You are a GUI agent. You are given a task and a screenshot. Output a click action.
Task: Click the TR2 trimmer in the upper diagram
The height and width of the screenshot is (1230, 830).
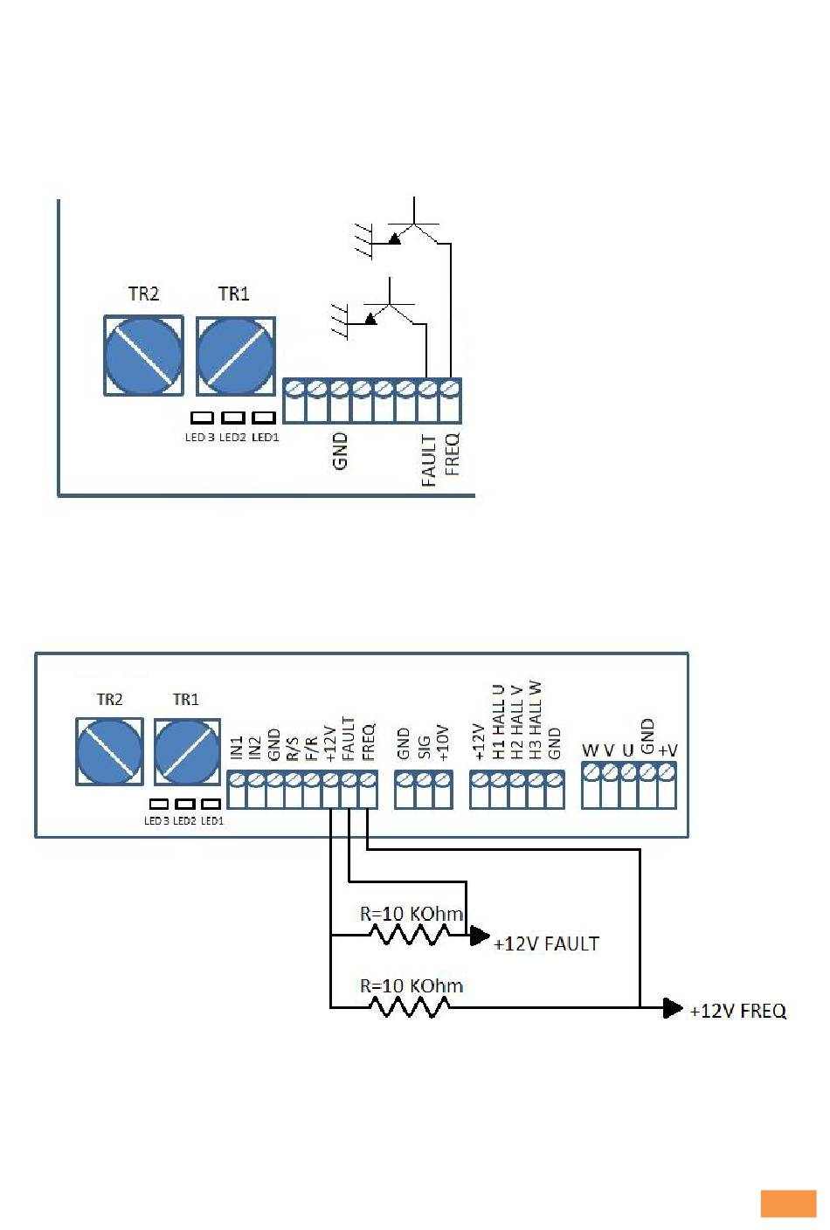tap(143, 356)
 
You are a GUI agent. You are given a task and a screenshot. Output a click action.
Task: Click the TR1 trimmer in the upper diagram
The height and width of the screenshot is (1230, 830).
tap(236, 356)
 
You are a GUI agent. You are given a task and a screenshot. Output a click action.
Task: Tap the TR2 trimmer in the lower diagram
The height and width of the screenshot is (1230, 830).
tap(110, 751)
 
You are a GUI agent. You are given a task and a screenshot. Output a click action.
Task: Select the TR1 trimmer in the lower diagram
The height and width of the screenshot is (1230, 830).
tap(187, 752)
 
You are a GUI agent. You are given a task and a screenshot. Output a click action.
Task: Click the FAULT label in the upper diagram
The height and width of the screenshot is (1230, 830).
tap(428, 460)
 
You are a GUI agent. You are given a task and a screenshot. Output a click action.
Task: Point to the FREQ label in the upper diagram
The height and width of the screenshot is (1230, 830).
tap(452, 454)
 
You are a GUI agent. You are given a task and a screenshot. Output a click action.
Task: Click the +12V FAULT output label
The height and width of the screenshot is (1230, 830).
tap(546, 944)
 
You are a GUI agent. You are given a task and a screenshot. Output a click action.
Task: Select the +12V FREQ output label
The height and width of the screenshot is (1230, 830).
tap(737, 1011)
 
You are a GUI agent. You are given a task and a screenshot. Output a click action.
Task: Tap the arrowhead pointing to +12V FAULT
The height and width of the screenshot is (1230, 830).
tap(480, 936)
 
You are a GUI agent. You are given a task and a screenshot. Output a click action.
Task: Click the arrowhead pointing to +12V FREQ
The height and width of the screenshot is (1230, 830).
tap(673, 1008)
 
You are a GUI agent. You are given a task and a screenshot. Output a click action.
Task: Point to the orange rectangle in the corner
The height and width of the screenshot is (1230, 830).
tap(788, 1204)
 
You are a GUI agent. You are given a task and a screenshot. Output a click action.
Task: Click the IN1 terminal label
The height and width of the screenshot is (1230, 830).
tap(236, 748)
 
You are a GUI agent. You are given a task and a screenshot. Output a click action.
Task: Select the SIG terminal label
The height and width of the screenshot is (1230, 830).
tap(424, 748)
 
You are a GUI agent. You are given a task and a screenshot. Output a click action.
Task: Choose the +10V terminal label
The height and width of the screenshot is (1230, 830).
tap(443, 743)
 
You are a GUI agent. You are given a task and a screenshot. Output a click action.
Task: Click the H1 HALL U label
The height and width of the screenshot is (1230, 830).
tap(498, 722)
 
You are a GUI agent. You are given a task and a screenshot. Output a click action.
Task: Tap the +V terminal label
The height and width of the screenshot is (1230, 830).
tap(668, 750)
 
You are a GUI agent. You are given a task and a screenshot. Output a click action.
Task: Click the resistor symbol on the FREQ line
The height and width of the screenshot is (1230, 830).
tap(409, 1007)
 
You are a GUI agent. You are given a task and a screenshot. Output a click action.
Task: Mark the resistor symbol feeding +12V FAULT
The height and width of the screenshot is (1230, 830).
tap(409, 935)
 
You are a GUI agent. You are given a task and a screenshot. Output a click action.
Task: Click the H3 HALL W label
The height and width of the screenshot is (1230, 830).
tap(535, 721)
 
